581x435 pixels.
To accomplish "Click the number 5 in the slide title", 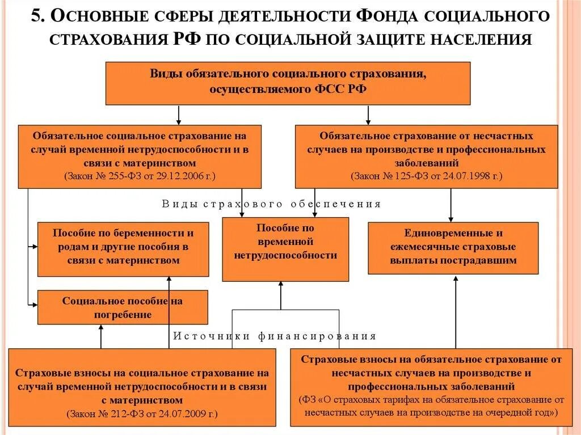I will [x=36, y=15].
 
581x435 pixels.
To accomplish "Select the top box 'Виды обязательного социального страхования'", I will [x=288, y=83].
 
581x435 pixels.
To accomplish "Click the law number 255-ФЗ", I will [x=115, y=176].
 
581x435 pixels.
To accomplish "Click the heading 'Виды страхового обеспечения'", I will [x=272, y=204].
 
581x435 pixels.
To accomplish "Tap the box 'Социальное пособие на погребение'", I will [x=123, y=307].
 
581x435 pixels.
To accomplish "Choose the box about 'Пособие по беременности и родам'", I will [x=123, y=247].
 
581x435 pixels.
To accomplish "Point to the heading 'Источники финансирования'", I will [x=275, y=336].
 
